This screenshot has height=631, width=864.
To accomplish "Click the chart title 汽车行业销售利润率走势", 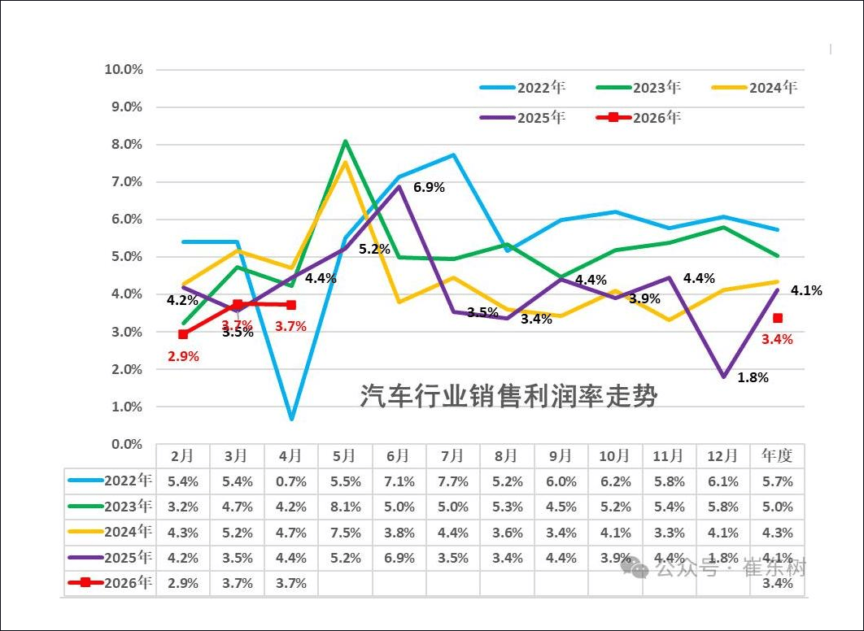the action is point(508,395).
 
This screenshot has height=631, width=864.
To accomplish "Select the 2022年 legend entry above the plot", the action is point(522,88).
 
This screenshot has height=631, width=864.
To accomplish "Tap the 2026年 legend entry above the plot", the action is point(639,117).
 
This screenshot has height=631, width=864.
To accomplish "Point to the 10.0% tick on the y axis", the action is point(124,69).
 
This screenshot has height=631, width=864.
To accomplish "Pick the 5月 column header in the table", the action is point(344,456).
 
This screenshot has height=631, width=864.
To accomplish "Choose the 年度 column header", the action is point(777,455).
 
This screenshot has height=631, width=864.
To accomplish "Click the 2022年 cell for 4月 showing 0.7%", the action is point(291,481).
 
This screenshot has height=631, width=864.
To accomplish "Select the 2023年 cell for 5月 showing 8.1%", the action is point(346,507).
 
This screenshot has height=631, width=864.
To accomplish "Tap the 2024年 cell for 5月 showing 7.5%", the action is point(346,533).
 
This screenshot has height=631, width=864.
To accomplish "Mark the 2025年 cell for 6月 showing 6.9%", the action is point(399,558).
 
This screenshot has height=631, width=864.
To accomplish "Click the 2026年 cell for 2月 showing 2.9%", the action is point(183,583).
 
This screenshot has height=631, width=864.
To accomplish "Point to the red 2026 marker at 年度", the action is point(778,318).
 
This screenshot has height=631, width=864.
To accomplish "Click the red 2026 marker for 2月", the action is point(183,334).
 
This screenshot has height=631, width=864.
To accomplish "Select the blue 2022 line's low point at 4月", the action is point(291,419).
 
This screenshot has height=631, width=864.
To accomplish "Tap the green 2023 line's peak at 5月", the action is point(345,141).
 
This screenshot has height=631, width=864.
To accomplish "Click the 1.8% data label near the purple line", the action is point(753,377).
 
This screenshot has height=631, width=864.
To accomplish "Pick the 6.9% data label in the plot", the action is point(429,187).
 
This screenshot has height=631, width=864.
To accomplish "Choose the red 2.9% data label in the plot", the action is point(184,356).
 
